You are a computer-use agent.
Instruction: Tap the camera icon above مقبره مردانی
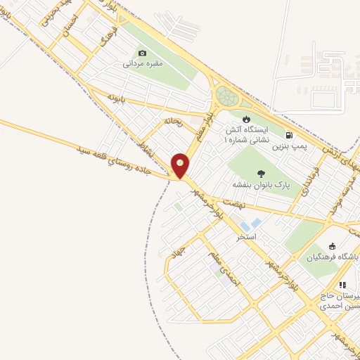143,53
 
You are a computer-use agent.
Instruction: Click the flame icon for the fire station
245,119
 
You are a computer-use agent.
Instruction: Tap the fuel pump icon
288,135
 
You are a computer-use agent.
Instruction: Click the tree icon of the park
261,173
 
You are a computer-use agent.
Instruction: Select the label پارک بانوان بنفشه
262,184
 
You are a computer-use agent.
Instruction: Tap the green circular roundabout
227,96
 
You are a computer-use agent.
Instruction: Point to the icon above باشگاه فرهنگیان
333,247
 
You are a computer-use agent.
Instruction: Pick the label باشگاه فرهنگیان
333,258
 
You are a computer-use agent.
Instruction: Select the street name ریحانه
173,121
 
